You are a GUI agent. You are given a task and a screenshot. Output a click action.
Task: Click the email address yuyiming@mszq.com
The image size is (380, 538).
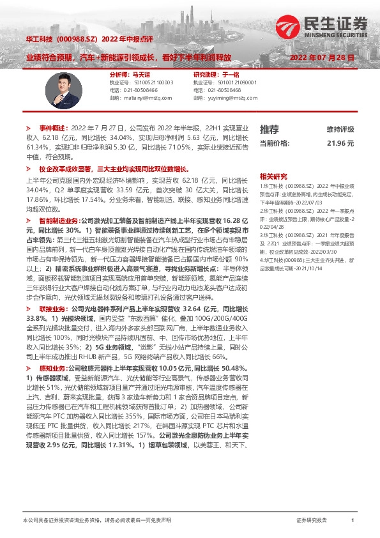236,98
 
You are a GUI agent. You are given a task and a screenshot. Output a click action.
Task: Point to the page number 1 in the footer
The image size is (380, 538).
353,521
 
